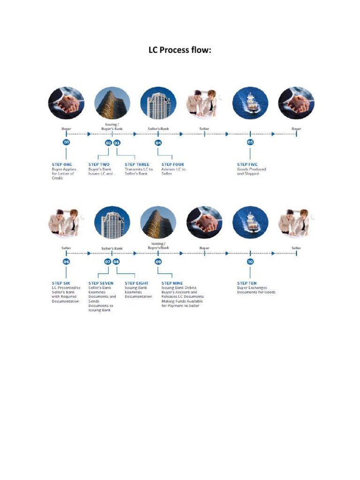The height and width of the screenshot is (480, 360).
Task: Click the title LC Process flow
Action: coord(180,50)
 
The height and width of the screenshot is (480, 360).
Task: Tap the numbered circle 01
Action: coord(66,142)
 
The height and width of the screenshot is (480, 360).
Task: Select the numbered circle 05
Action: coord(250,142)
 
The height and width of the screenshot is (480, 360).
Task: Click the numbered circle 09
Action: coord(158,261)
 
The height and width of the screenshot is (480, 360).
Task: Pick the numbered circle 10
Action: coord(250,261)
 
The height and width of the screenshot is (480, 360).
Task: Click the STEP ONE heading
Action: coord(62,165)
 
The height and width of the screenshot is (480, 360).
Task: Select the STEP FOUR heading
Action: coord(173,165)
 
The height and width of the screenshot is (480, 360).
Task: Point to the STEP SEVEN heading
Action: coord(101,283)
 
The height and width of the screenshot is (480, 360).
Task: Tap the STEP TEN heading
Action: coord(247,283)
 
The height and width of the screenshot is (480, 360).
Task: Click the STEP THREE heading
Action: coord(137,165)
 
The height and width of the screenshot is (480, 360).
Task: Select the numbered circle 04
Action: coord(158,142)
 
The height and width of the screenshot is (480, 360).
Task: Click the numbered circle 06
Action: coord(66,261)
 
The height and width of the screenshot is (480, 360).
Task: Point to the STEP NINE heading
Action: coord(172,283)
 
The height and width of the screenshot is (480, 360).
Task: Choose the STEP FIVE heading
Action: coord(247,165)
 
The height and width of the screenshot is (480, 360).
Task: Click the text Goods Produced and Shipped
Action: coord(251,172)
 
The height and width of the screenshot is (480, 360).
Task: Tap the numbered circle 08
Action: coord(117,261)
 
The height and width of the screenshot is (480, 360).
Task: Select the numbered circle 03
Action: coord(117,142)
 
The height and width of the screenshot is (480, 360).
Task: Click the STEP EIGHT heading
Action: coord(137,283)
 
